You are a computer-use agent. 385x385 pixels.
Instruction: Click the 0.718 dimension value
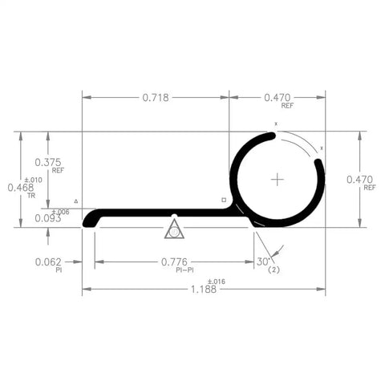coord(156,98)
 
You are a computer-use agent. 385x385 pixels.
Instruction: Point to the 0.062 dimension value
coord(49,261)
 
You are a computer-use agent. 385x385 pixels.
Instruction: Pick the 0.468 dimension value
coord(20,187)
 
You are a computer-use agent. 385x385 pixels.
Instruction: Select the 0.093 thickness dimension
coord(48,217)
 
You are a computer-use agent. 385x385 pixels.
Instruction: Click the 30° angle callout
coord(263,261)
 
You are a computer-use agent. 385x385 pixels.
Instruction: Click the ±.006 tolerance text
coord(61,211)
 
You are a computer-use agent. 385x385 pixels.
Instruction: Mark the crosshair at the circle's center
coord(277,179)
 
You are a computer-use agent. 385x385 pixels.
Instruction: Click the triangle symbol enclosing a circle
coord(174,231)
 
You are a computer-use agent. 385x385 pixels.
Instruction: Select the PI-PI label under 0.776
coord(185,270)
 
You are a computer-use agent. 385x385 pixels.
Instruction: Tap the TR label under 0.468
coord(31,196)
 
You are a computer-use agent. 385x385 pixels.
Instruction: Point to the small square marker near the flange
coord(224,199)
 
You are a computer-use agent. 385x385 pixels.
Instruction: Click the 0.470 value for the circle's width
coord(277,98)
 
